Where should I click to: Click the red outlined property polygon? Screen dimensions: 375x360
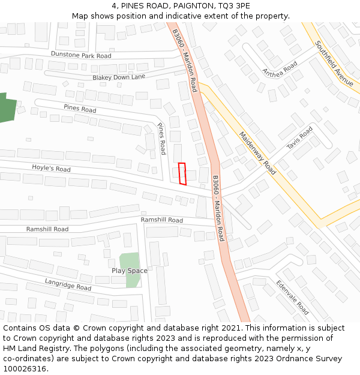[182, 173]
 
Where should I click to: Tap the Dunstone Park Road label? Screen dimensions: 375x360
[81, 55]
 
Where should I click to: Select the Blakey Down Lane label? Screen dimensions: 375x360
[119, 77]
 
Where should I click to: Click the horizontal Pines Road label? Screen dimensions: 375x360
[80, 109]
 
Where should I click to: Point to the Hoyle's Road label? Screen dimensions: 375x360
[51, 169]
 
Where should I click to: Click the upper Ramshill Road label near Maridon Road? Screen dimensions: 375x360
[162, 220]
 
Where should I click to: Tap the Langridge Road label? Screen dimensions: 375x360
[68, 284]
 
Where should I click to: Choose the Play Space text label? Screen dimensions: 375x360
[129, 271]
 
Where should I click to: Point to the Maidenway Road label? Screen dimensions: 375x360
[257, 153]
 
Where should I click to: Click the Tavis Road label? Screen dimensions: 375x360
[299, 139]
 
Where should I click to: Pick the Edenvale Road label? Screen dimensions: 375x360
[292, 298]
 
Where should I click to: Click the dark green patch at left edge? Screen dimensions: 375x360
[6, 108]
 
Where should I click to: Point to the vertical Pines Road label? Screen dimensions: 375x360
[161, 139]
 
